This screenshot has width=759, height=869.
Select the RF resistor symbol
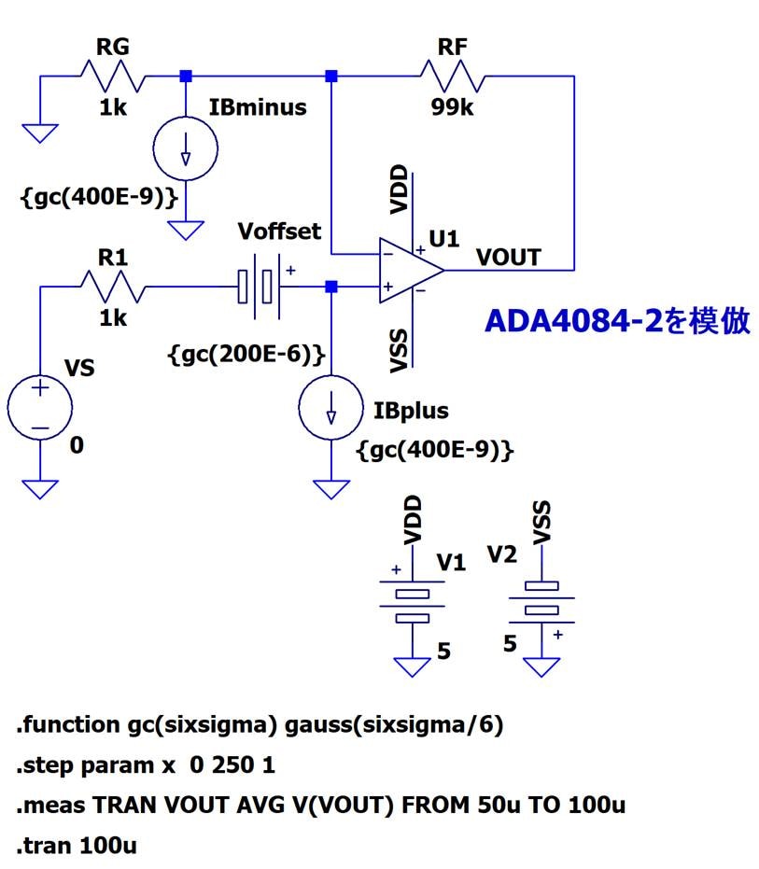coord(452,76)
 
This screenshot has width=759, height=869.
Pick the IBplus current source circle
coord(330,408)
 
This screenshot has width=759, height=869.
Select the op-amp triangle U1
coord(409,271)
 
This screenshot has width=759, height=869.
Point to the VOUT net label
coord(508,257)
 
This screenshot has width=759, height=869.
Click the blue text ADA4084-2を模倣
coord(617,321)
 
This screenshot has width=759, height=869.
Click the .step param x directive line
coord(146,765)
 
